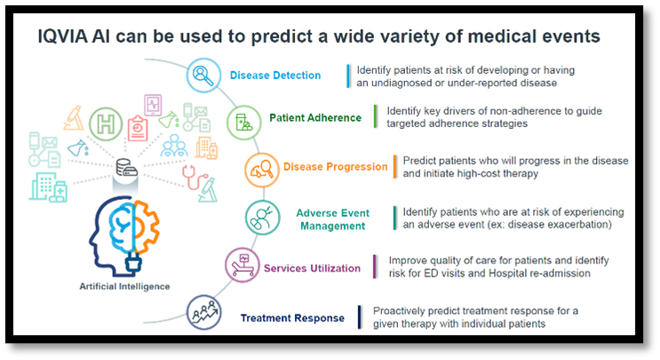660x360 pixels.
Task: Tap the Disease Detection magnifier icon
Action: tap(203, 76)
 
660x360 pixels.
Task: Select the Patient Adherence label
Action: tap(315, 118)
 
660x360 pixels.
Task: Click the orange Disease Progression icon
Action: tap(262, 170)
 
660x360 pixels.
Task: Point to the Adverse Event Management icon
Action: tap(263, 218)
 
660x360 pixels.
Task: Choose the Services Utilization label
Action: tap(312, 268)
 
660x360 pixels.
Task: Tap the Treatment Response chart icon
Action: tap(204, 312)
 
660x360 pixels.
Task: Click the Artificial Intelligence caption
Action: tap(124, 286)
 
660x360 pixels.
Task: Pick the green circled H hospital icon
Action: tap(106, 124)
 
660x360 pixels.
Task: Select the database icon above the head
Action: tap(127, 168)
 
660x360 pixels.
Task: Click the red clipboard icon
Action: tap(138, 128)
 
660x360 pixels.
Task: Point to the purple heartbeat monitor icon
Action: tap(153, 105)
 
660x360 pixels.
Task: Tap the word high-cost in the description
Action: tap(472, 173)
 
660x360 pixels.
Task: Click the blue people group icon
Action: tap(174, 146)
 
